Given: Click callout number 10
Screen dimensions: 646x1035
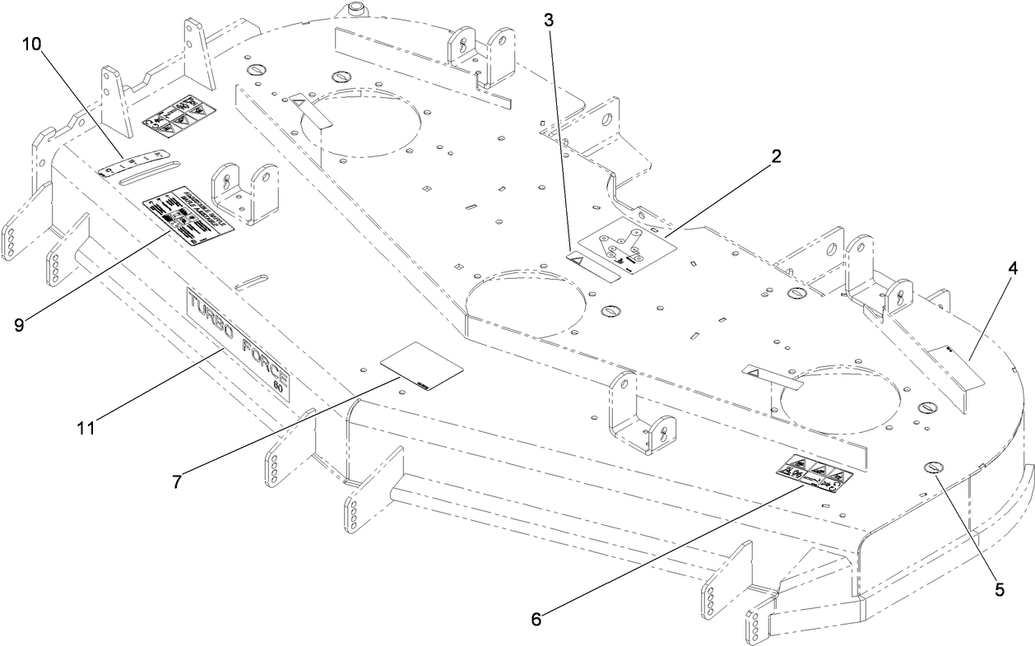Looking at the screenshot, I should (x=34, y=44).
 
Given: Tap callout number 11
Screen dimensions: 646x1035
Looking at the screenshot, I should (x=86, y=427).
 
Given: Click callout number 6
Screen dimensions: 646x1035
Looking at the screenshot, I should (x=536, y=618).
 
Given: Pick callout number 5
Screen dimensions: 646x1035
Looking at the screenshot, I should (x=999, y=588).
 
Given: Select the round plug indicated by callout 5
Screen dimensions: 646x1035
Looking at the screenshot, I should (x=934, y=467).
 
